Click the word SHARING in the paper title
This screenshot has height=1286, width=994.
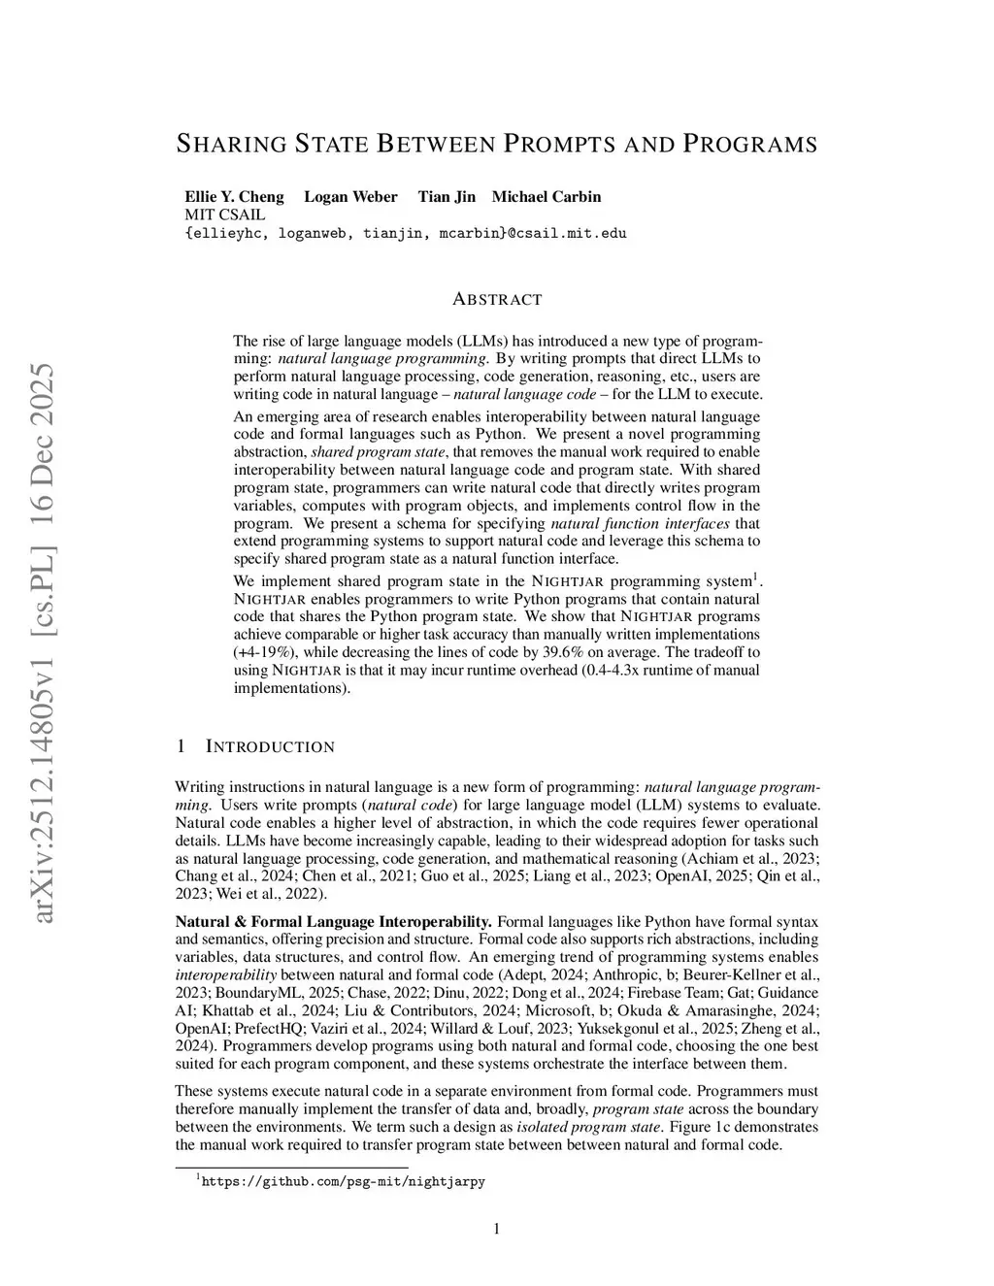(x=231, y=145)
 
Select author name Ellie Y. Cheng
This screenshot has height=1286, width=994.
(x=234, y=196)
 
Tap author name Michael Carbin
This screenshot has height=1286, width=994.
(x=546, y=196)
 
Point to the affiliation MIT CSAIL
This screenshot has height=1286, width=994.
(x=224, y=214)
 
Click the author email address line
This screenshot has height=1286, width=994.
(x=405, y=233)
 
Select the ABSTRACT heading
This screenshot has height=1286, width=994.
(x=497, y=299)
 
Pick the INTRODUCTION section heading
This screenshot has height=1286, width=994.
(x=269, y=746)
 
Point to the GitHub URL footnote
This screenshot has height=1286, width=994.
(x=342, y=1182)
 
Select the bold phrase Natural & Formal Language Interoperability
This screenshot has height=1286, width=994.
(x=333, y=921)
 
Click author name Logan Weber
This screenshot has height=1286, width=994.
(x=350, y=196)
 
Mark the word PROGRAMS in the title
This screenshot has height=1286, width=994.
(x=750, y=145)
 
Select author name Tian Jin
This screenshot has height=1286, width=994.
(x=447, y=196)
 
